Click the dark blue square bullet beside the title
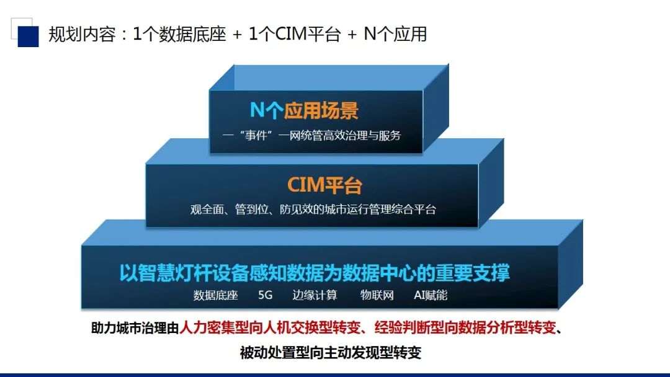pyautogui.click(x=28, y=37)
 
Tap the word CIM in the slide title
pyautogui.click(x=291, y=34)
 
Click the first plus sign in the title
pyautogui.click(x=238, y=35)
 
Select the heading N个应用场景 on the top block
pyautogui.click(x=304, y=110)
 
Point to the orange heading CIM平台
pyautogui.click(x=324, y=185)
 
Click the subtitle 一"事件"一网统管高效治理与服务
pyautogui.click(x=311, y=136)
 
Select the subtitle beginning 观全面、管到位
pyautogui.click(x=313, y=209)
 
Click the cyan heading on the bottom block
pyautogui.click(x=314, y=273)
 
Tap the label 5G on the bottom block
pyautogui.click(x=265, y=295)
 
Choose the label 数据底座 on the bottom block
pyautogui.click(x=215, y=295)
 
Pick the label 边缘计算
pyautogui.click(x=315, y=295)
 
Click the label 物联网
pyautogui.click(x=377, y=295)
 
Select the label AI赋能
pyautogui.click(x=431, y=295)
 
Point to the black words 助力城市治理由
pyautogui.click(x=135, y=328)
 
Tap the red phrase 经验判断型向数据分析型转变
pyautogui.click(x=465, y=328)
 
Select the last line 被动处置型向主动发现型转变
pyautogui.click(x=331, y=353)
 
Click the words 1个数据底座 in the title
pyautogui.click(x=179, y=34)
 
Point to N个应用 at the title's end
pyautogui.click(x=395, y=34)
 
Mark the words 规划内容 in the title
pyautogui.click(x=82, y=34)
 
